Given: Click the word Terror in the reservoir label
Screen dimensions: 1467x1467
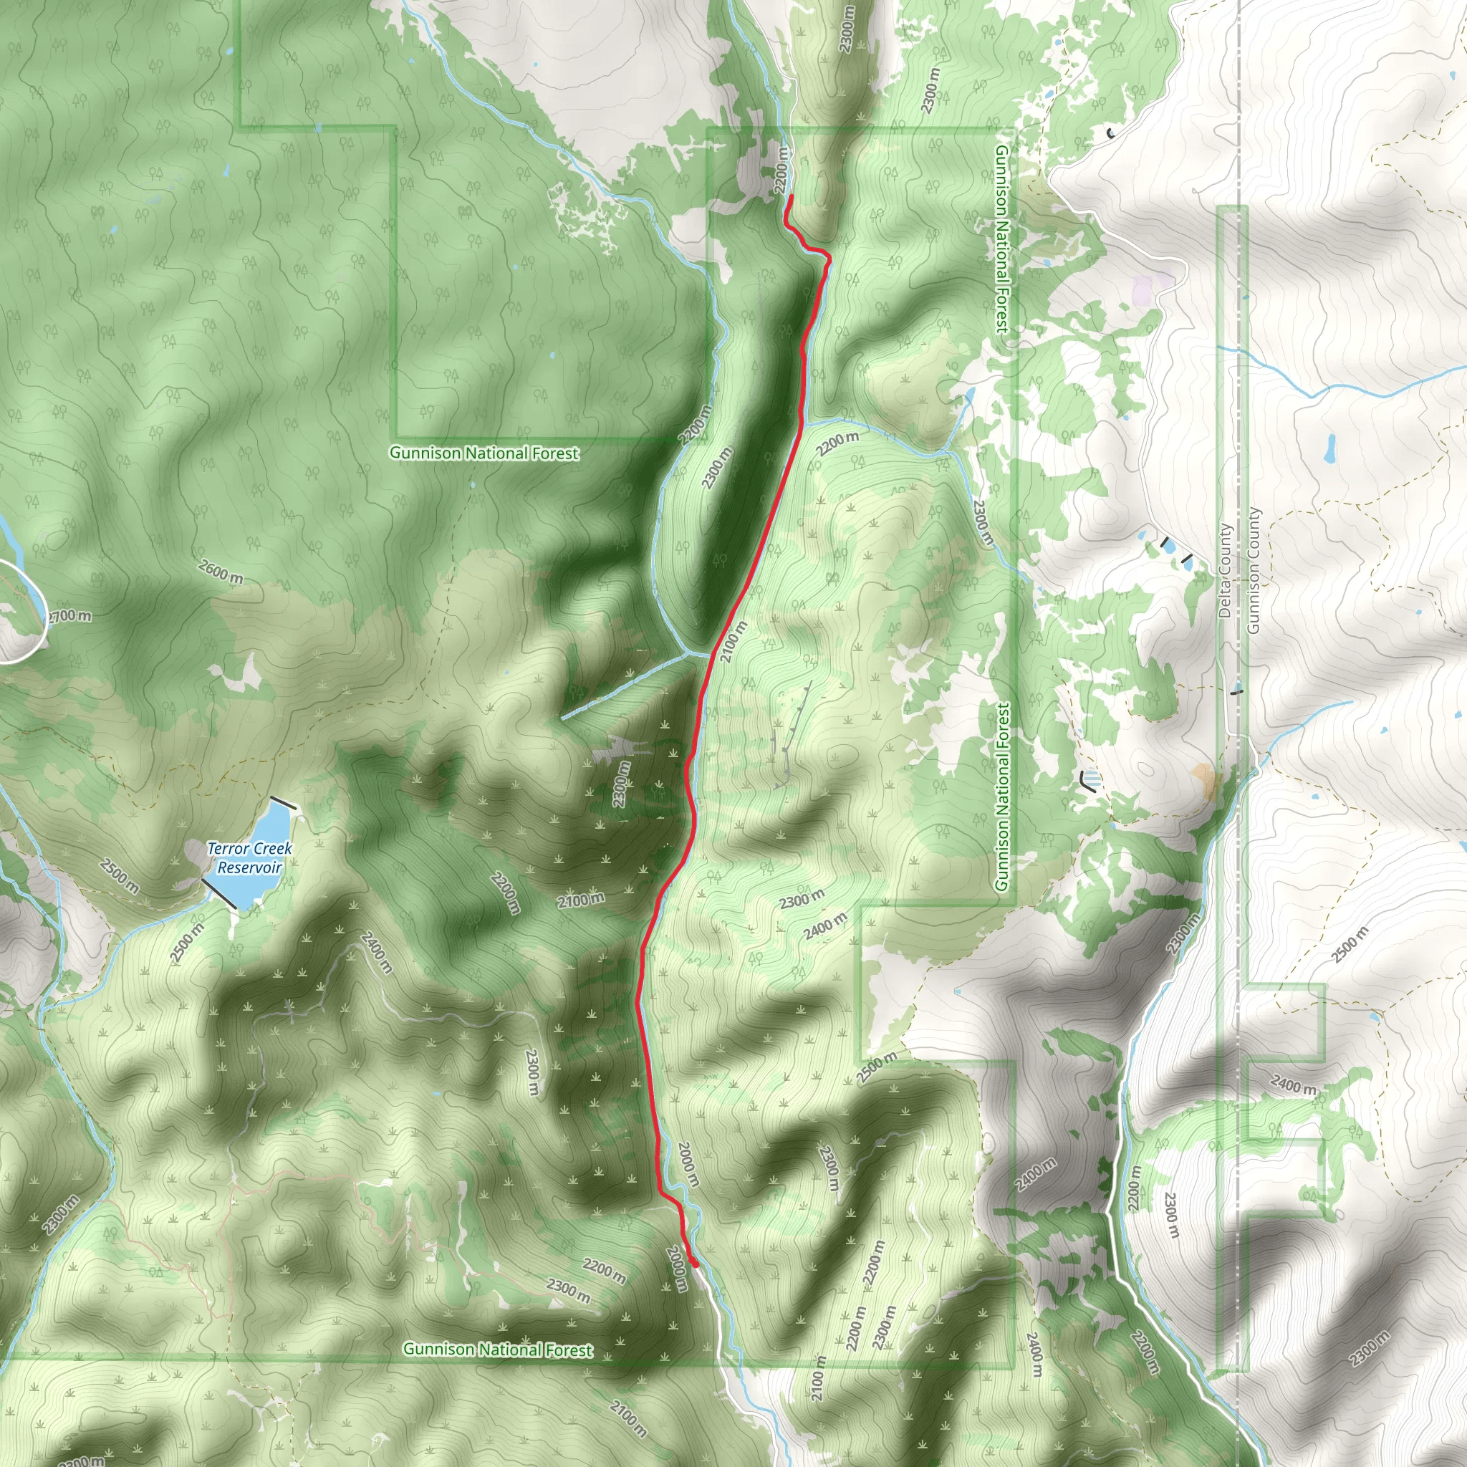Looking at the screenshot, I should pos(229,848).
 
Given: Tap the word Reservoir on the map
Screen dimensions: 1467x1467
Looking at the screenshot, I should pos(250,868).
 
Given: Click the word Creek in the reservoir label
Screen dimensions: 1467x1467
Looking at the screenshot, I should pos(271,848).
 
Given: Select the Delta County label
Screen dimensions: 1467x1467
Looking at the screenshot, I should pos(1225,570).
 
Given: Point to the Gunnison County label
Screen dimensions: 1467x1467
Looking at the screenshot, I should pos(1253,570).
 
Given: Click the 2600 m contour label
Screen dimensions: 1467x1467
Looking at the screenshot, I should pos(220,571).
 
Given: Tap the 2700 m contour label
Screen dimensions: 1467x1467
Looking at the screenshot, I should pos(71,616).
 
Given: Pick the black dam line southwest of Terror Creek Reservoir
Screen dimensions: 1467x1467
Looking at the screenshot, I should pos(218,893).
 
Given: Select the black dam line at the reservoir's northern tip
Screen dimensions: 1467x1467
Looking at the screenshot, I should pos(283,802).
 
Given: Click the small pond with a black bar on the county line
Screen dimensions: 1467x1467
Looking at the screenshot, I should pos(1237,692).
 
